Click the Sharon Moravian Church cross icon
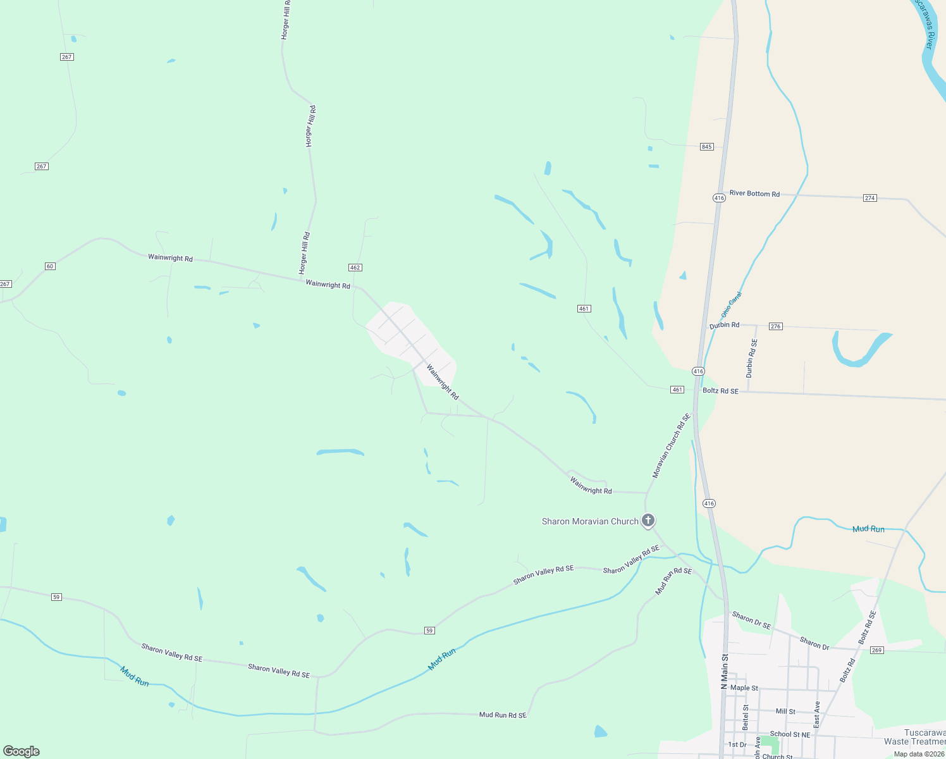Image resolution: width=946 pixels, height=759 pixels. click(x=648, y=521)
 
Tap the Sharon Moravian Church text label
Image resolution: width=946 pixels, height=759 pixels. click(x=590, y=522)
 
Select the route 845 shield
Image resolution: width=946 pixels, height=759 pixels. click(x=707, y=147)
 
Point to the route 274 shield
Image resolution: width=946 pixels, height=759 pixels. click(x=870, y=198)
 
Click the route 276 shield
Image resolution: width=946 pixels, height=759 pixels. click(x=776, y=326)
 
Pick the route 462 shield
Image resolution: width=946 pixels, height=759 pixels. click(x=355, y=268)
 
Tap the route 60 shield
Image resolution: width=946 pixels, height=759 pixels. click(x=50, y=266)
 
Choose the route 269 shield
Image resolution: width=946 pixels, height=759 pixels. click(x=876, y=650)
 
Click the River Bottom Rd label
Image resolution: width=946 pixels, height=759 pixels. click(x=754, y=194)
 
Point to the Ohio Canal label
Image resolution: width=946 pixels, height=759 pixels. click(x=730, y=305)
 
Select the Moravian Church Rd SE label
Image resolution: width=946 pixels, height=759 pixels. click(x=672, y=446)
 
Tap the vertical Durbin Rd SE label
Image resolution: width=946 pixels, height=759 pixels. click(x=751, y=359)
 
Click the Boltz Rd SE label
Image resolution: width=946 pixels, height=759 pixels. click(x=720, y=391)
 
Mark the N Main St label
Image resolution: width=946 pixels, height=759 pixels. click(x=725, y=671)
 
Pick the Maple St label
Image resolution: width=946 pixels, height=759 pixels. click(x=744, y=688)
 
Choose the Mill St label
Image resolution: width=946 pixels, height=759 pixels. click(x=785, y=712)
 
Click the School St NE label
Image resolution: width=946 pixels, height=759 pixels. click(x=790, y=734)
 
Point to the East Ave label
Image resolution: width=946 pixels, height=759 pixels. click(x=816, y=713)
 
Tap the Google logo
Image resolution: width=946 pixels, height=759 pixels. click(x=21, y=751)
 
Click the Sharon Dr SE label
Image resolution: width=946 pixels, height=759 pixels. click(x=751, y=620)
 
